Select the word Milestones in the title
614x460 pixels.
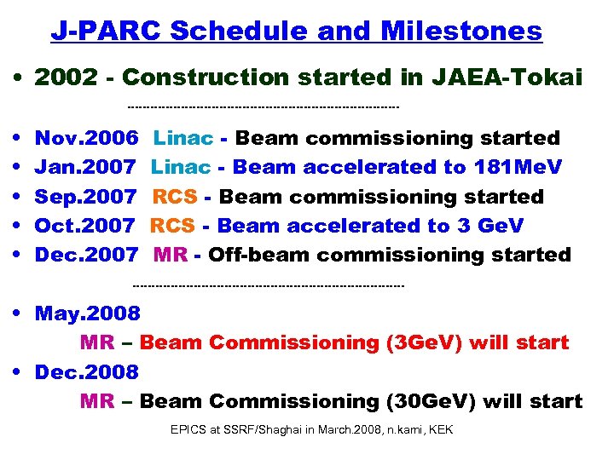(x=461, y=31)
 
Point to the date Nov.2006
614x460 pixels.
(x=86, y=138)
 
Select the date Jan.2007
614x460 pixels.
(x=85, y=167)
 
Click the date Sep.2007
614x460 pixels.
(x=85, y=197)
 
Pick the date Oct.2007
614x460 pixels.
(x=84, y=226)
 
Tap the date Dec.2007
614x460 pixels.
(x=85, y=255)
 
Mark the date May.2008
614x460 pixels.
(x=87, y=313)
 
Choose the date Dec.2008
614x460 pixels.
(x=86, y=372)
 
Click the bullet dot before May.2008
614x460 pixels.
(x=18, y=313)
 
